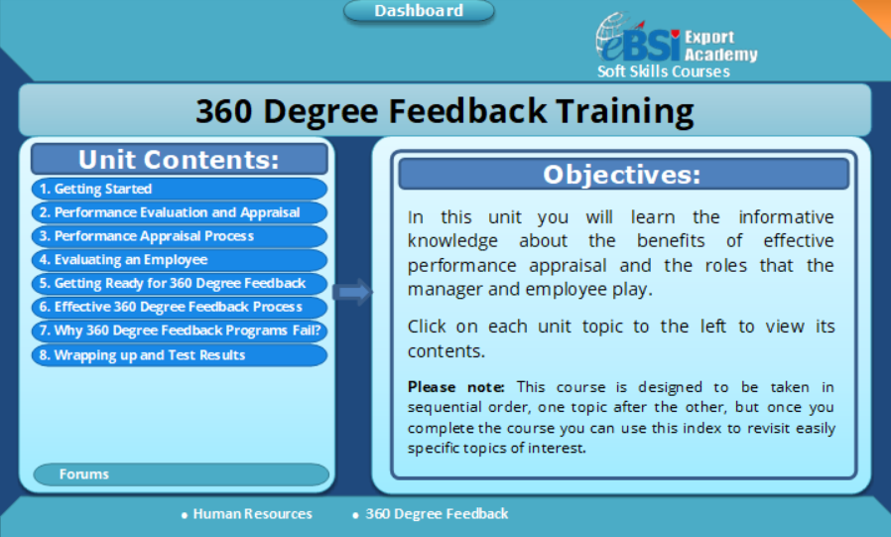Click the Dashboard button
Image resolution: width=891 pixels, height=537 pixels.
(419, 11)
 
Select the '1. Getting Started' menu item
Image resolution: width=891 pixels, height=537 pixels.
(179, 189)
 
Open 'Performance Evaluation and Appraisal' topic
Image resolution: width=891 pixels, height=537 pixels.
(179, 212)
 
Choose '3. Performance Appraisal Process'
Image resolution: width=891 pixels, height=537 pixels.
(179, 236)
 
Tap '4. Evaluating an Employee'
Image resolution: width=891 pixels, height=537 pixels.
(179, 260)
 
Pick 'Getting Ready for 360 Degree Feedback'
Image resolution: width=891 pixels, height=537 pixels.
(179, 284)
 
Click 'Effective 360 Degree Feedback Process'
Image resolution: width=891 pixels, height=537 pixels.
(179, 308)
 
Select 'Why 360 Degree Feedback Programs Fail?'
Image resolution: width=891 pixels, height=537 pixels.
(179, 332)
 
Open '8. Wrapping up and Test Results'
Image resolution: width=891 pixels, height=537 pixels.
(179, 355)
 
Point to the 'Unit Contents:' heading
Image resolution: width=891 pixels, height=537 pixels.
(179, 160)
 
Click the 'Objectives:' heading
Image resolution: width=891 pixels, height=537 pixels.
(622, 175)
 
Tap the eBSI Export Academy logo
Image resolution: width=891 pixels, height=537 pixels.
(675, 40)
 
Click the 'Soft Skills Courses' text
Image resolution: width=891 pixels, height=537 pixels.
(663, 71)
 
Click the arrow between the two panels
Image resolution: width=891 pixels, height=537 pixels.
(352, 292)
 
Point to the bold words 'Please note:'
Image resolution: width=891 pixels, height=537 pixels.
(456, 387)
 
